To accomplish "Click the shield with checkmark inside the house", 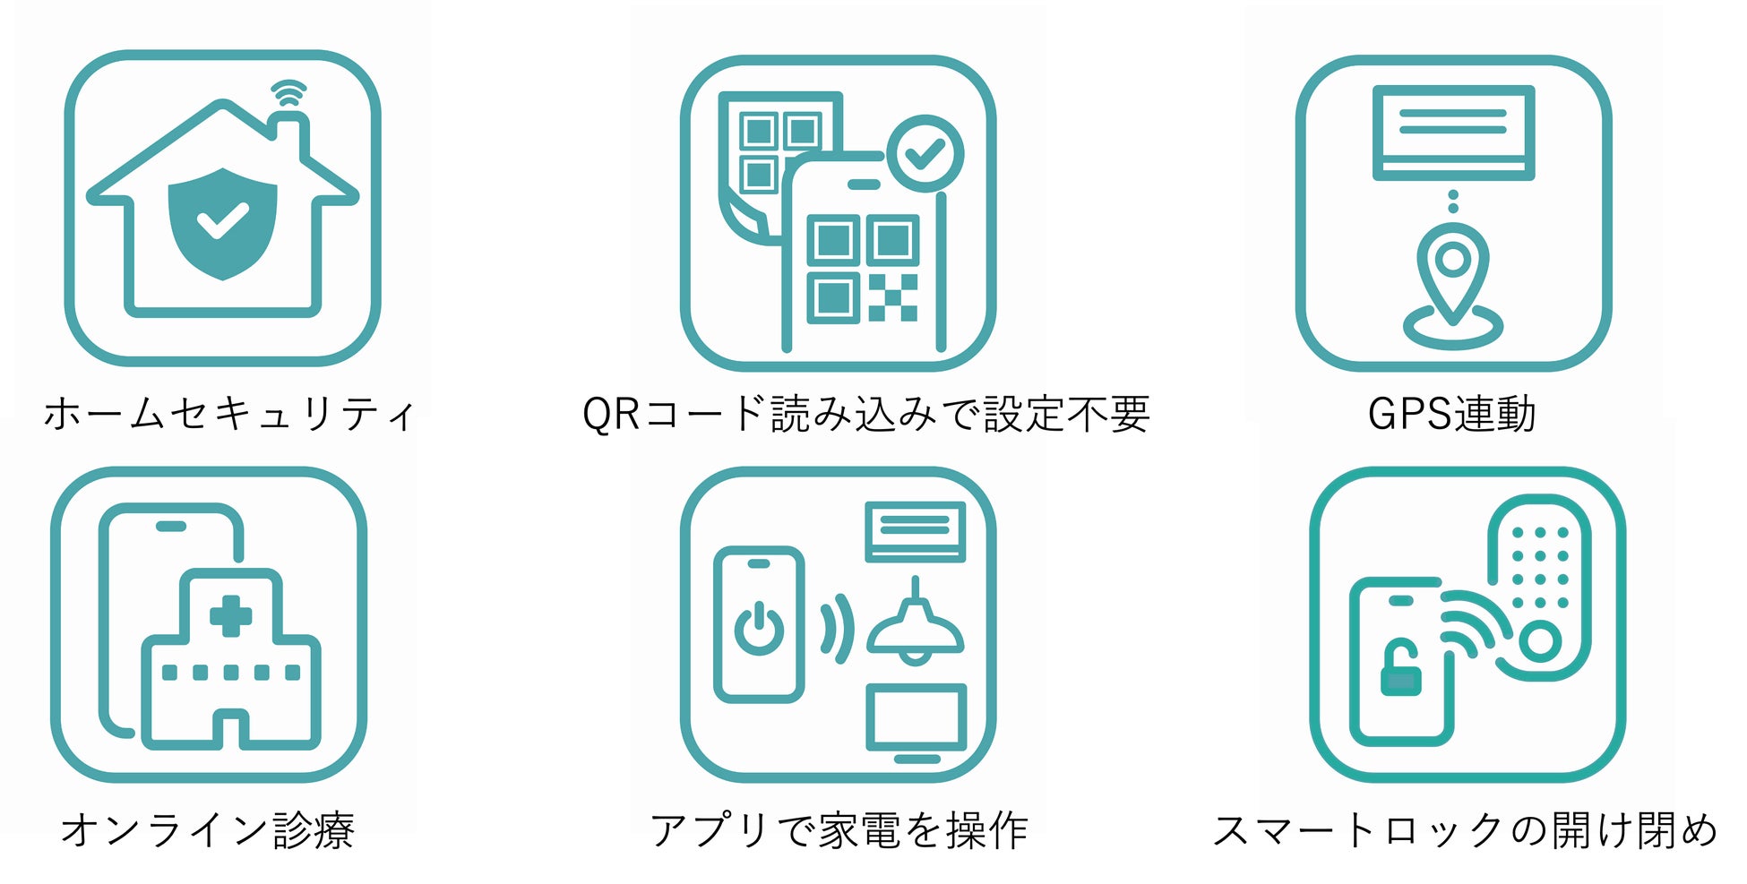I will (x=222, y=222).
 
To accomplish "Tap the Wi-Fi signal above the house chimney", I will (x=288, y=93).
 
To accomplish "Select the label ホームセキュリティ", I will (x=229, y=415).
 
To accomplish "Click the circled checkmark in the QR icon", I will (x=925, y=153).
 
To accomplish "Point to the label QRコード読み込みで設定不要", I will (x=865, y=415).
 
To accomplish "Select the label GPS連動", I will (x=1451, y=415).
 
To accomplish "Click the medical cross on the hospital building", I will (x=230, y=616).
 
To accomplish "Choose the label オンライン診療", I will (x=208, y=830).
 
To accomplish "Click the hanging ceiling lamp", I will (x=915, y=627).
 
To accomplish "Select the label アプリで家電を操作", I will (x=839, y=830).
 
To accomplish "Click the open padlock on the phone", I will (x=1400, y=669).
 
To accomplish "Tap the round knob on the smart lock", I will (x=1539, y=641).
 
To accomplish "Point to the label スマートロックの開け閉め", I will (x=1466, y=830).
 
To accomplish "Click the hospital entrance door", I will (x=231, y=729).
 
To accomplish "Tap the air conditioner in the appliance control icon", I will (x=915, y=530).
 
